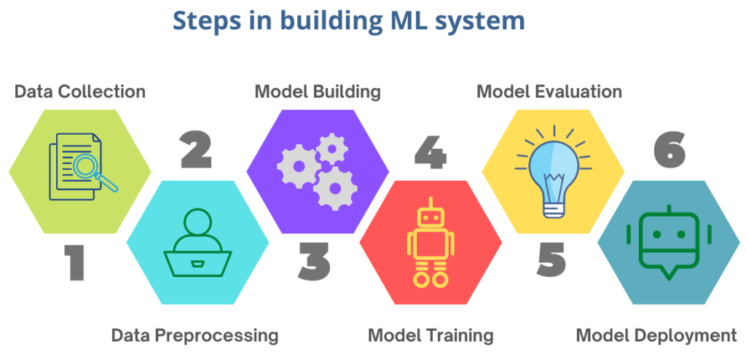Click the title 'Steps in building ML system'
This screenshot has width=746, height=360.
point(348,21)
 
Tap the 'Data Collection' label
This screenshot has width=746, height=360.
point(80,91)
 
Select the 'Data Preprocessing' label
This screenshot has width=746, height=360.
point(195,336)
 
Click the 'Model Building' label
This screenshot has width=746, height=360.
point(318,91)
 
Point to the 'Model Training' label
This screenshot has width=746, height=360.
point(431,336)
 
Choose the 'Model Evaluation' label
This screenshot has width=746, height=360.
point(549,91)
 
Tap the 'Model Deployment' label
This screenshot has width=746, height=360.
point(656,336)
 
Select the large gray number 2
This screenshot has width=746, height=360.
point(196,150)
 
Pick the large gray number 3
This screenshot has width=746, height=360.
point(314,262)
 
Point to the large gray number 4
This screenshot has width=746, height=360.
point(431,150)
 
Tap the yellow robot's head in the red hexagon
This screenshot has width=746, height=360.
point(431,216)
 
